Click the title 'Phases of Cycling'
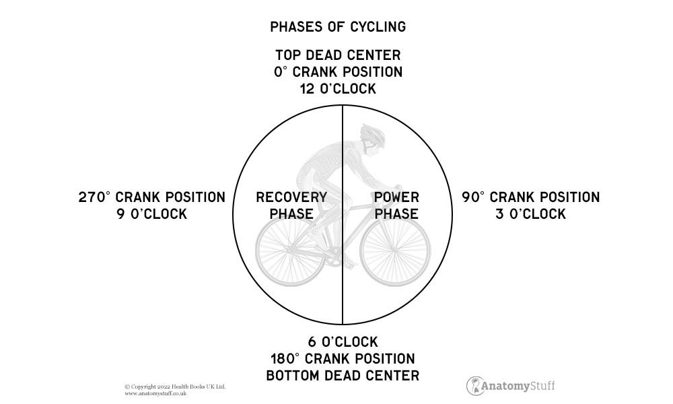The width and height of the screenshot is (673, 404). (337, 27)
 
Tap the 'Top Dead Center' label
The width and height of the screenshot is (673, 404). (338, 55)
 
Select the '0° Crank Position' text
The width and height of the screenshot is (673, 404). (338, 72)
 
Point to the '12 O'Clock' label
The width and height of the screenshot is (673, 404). (338, 89)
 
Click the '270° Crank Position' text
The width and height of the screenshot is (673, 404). (151, 197)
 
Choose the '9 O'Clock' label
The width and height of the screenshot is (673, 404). (151, 214)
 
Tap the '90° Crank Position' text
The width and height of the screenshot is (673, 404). (530, 197)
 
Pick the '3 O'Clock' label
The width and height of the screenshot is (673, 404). (530, 214)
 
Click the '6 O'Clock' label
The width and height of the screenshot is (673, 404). (343, 341)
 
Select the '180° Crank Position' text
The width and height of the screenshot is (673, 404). (343, 358)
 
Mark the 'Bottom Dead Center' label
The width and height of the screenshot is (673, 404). (343, 375)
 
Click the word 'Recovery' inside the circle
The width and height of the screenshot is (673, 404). (291, 197)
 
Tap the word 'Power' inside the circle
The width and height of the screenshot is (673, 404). (396, 197)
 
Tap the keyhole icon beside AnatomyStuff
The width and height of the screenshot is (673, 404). (476, 385)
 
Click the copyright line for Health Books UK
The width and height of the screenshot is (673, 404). (175, 386)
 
